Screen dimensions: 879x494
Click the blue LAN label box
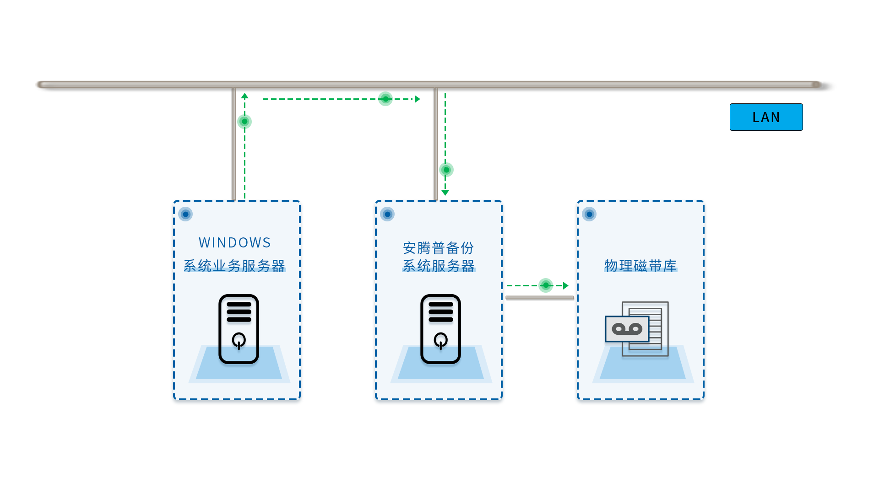point(766,117)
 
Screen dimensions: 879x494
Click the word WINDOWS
point(235,242)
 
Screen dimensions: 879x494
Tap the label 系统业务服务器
point(234,265)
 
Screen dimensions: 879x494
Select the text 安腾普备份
point(438,248)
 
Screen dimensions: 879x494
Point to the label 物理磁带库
point(640,265)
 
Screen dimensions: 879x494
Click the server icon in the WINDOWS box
point(239,329)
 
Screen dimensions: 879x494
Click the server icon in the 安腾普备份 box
point(441,329)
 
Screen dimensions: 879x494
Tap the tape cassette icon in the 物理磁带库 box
point(627,329)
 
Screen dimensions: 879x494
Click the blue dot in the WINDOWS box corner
point(185,214)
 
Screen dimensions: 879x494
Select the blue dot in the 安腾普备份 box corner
point(387,214)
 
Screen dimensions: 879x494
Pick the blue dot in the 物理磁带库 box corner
point(589,214)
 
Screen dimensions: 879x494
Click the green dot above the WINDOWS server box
point(244,122)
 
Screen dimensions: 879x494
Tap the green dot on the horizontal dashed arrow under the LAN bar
point(385,99)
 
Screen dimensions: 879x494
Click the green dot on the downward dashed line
point(446,170)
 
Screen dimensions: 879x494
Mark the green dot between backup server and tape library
point(546,285)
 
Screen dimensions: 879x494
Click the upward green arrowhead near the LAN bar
point(245,96)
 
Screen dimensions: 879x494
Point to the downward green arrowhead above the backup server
point(445,193)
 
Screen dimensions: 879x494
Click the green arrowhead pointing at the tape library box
point(566,285)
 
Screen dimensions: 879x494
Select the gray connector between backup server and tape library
point(540,298)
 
